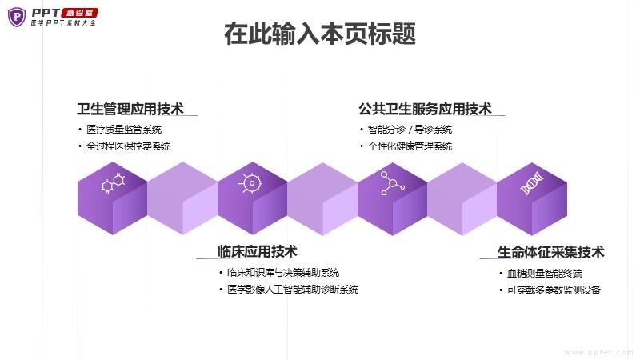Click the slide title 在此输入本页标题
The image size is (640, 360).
pyautogui.click(x=320, y=34)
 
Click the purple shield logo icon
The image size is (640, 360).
pyautogui.click(x=17, y=17)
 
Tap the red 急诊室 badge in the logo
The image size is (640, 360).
pyautogui.click(x=79, y=13)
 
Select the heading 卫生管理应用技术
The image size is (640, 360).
pyautogui.click(x=130, y=109)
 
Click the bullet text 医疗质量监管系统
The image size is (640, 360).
pyautogui.click(x=124, y=130)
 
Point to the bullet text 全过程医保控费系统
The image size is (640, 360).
pyautogui.click(x=128, y=146)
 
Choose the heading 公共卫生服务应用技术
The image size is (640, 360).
pyautogui.click(x=426, y=109)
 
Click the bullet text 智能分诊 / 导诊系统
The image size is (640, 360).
pyautogui.click(x=410, y=130)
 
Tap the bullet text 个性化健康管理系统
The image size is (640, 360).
pyautogui.click(x=410, y=146)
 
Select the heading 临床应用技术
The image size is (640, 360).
pyautogui.click(x=257, y=251)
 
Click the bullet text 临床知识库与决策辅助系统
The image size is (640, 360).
pyautogui.click(x=283, y=273)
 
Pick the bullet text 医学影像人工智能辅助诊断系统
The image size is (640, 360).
pyautogui.click(x=293, y=290)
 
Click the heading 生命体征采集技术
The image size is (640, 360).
pyautogui.click(x=550, y=252)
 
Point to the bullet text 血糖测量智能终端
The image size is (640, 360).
pyautogui.click(x=545, y=274)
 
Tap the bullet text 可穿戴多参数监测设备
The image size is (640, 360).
pyautogui.click(x=554, y=290)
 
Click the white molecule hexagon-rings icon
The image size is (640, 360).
pyautogui.click(x=113, y=183)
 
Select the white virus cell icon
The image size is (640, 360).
pyautogui.click(x=250, y=183)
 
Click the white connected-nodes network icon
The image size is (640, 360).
pyautogui.click(x=392, y=183)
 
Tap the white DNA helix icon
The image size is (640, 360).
pyautogui.click(x=532, y=183)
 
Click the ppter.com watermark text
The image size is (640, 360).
pyautogui.click(x=598, y=352)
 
